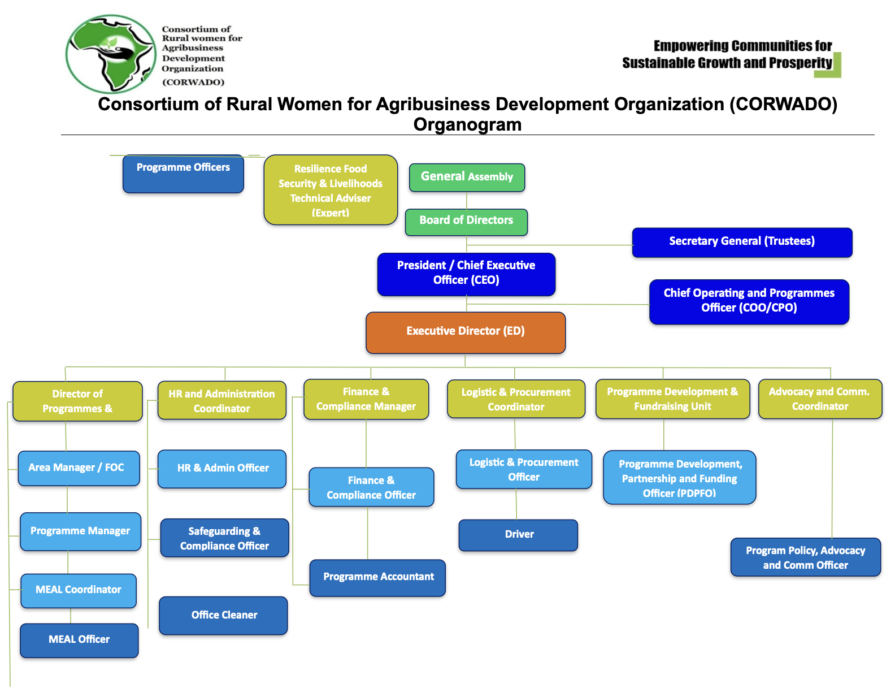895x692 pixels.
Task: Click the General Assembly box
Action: click(x=467, y=177)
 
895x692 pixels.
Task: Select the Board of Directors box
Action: click(x=466, y=222)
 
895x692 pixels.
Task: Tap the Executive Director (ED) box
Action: click(x=466, y=332)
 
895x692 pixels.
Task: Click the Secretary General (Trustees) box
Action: click(x=742, y=242)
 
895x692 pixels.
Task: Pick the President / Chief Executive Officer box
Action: click(x=466, y=274)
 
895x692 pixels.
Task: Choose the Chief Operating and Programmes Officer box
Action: click(x=749, y=301)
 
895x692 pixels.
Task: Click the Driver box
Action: click(x=518, y=535)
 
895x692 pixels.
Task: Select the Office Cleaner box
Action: click(x=223, y=615)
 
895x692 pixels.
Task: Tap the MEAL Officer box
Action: click(x=79, y=640)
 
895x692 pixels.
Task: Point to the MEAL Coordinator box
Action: click(x=79, y=590)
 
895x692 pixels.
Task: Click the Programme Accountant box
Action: click(x=377, y=577)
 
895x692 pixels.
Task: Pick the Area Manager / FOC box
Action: click(x=79, y=468)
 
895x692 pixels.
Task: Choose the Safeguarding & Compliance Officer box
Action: click(x=224, y=538)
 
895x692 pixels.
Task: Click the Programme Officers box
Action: click(x=183, y=173)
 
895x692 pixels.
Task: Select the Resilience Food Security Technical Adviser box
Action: click(x=331, y=190)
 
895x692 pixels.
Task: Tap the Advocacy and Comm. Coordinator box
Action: click(x=820, y=399)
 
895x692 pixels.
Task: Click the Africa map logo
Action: click(x=111, y=54)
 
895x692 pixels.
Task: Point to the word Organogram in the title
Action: click(x=467, y=125)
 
